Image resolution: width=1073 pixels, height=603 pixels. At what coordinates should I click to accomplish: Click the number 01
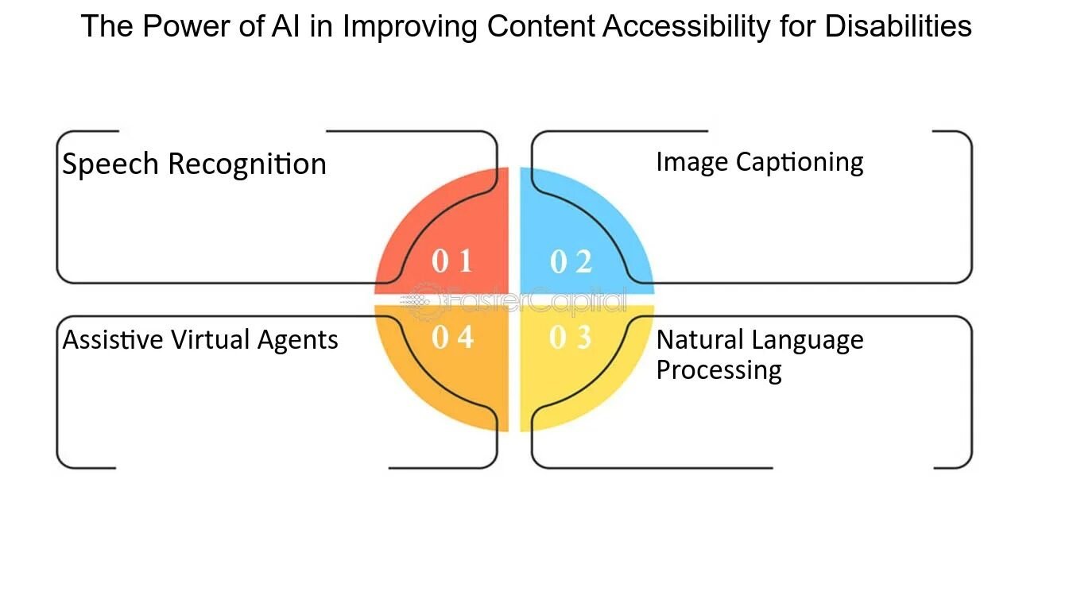pyautogui.click(x=452, y=261)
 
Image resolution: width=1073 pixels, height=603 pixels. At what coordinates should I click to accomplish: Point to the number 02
pyautogui.click(x=571, y=261)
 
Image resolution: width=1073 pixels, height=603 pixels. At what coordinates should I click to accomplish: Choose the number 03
pyautogui.click(x=571, y=338)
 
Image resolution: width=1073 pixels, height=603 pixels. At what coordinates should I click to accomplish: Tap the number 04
pyautogui.click(x=452, y=338)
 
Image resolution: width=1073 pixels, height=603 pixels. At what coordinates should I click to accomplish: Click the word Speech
pyautogui.click(x=111, y=164)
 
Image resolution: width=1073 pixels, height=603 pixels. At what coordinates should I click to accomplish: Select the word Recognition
pyautogui.click(x=247, y=164)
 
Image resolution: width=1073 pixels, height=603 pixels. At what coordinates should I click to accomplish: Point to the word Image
pyautogui.click(x=691, y=162)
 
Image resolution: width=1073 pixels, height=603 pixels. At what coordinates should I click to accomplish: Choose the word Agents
pyautogui.click(x=298, y=340)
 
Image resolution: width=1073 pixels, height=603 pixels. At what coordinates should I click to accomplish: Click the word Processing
pyautogui.click(x=719, y=370)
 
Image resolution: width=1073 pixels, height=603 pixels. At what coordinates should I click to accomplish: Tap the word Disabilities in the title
pyautogui.click(x=898, y=26)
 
